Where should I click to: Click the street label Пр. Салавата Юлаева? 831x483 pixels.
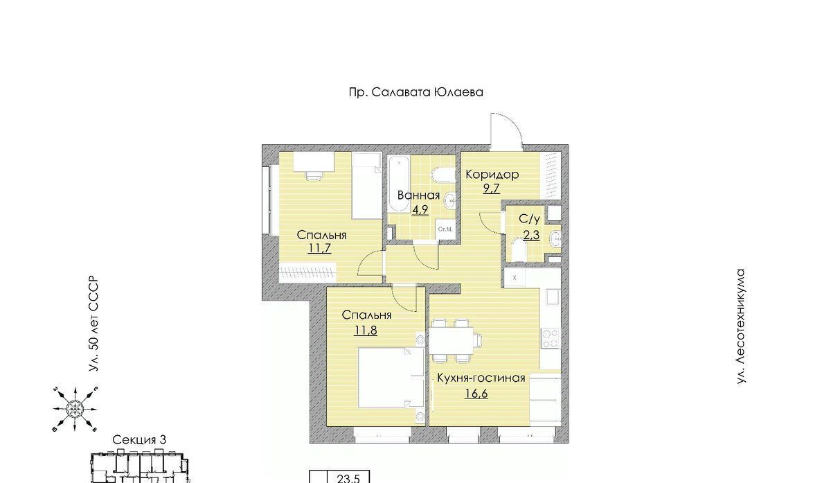pyautogui.click(x=416, y=92)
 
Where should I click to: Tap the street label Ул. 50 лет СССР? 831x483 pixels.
pyautogui.click(x=93, y=324)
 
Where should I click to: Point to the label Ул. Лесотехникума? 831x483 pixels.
pyautogui.click(x=741, y=326)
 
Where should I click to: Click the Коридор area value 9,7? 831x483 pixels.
pyautogui.click(x=492, y=188)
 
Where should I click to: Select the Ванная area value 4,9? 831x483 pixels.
pyautogui.click(x=420, y=210)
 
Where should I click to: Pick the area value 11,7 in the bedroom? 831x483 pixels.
pyautogui.click(x=319, y=247)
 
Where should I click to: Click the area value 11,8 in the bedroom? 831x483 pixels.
pyautogui.click(x=366, y=330)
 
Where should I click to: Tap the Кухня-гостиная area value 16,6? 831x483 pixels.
pyautogui.click(x=476, y=393)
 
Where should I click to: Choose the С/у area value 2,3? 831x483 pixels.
pyautogui.click(x=531, y=235)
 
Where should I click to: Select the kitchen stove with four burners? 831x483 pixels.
pyautogui.click(x=550, y=338)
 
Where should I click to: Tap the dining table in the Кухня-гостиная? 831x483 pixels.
pyautogui.click(x=451, y=340)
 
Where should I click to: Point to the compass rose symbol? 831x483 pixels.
pyautogui.click(x=75, y=409)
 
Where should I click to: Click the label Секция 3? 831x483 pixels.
pyautogui.click(x=139, y=440)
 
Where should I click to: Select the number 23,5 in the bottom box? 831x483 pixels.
pyautogui.click(x=348, y=478)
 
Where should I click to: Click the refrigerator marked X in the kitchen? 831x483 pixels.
pyautogui.click(x=515, y=277)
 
